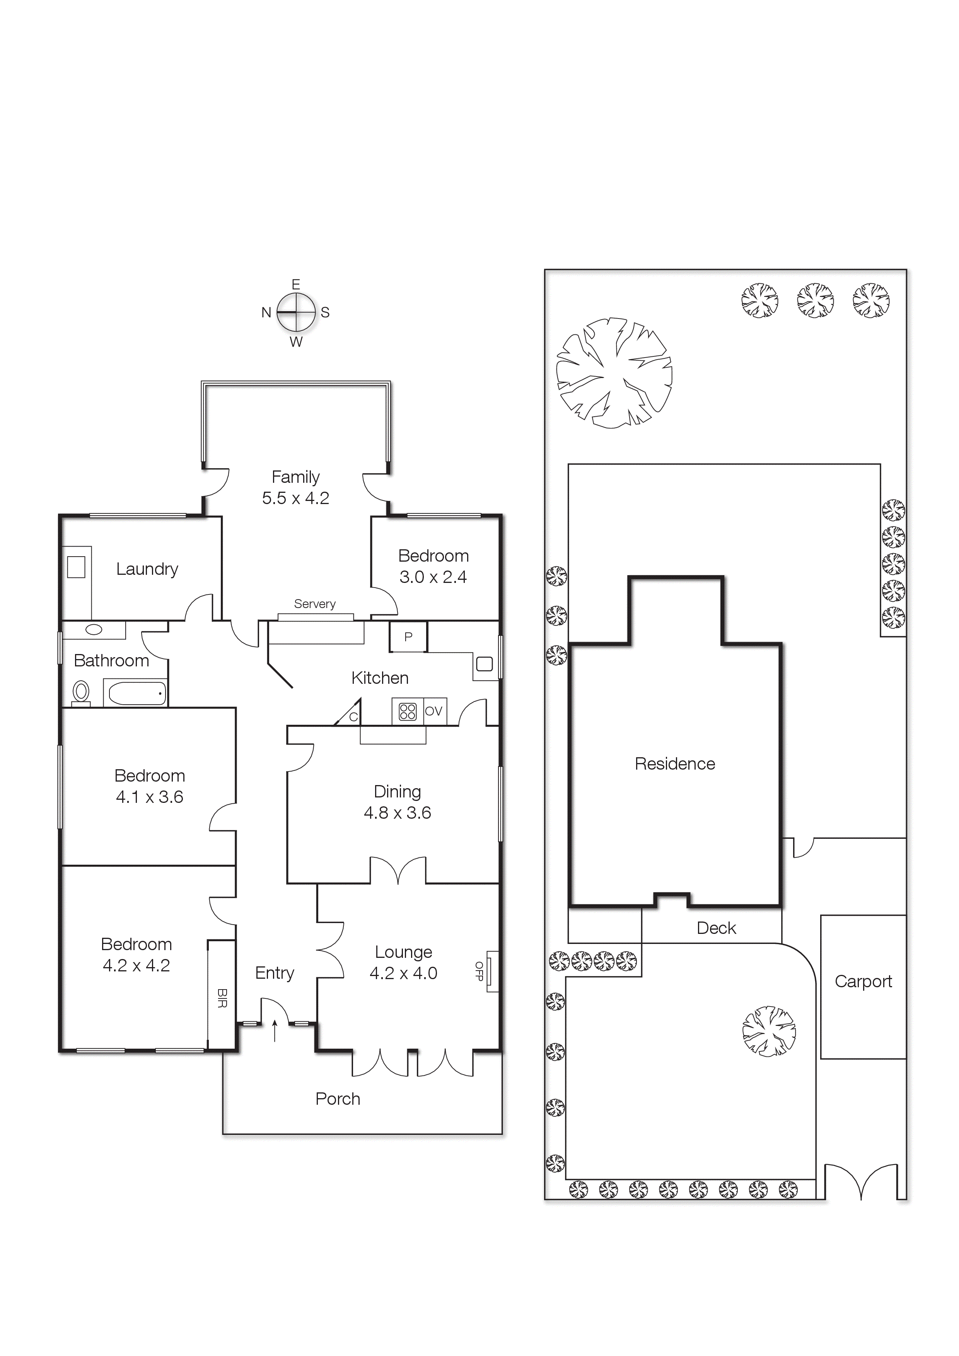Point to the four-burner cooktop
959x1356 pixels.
click(408, 711)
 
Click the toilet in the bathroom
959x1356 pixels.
click(81, 692)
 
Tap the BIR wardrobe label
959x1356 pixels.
click(222, 998)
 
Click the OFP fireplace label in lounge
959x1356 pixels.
click(479, 971)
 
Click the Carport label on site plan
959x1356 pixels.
click(863, 981)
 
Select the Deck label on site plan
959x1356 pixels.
click(716, 928)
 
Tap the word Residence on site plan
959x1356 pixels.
click(675, 764)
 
